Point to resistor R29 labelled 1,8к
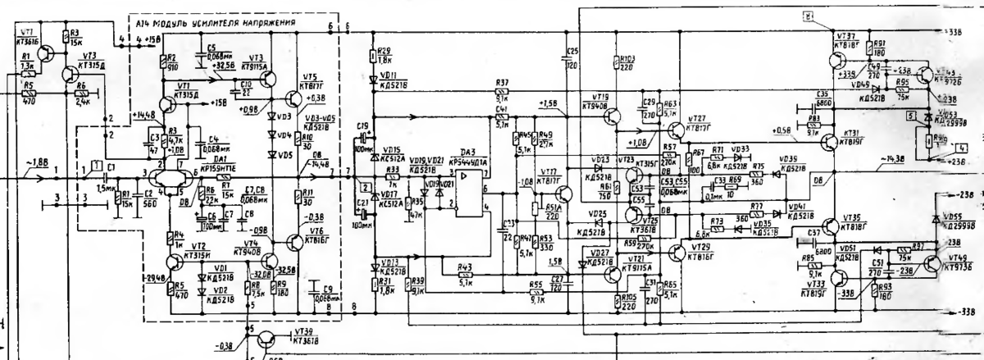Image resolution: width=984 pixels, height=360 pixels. pyautogui.click(x=374, y=56)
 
